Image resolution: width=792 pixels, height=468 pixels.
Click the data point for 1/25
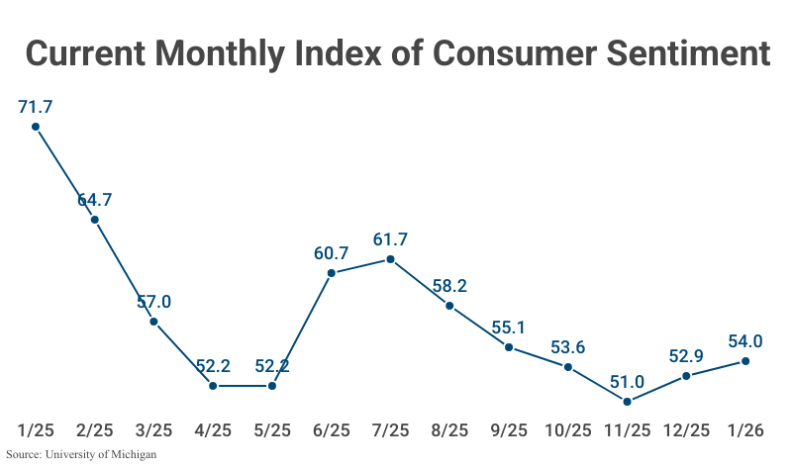[x=36, y=127]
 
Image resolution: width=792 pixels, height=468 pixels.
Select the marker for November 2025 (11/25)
[x=627, y=401]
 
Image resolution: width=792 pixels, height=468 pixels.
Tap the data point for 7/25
[x=390, y=259]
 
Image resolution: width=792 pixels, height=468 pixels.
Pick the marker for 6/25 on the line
[x=332, y=272]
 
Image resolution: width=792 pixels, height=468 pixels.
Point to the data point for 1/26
[x=744, y=361]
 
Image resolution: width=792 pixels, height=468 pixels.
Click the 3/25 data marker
[x=153, y=322]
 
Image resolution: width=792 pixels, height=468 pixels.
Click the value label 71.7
[x=36, y=105]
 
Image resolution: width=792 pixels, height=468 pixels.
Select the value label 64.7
[x=95, y=199]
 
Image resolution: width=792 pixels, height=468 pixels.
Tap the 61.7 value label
[x=390, y=238]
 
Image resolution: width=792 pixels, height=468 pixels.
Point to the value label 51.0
[x=627, y=381]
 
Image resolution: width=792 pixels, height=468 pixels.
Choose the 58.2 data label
[x=449, y=286]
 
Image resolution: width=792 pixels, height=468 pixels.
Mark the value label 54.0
[x=744, y=340]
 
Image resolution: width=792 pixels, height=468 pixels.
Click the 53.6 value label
[x=567, y=346]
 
